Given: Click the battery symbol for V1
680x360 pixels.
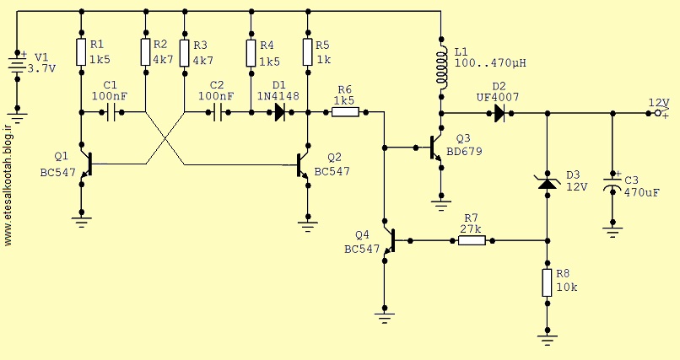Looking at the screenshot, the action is (x=18, y=66).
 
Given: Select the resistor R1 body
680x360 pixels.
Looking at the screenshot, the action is (x=81, y=52).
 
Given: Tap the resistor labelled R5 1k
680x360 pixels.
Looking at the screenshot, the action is (x=307, y=52).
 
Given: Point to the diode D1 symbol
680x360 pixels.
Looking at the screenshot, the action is (x=280, y=113).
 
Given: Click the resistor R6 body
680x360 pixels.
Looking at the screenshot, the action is (x=345, y=113).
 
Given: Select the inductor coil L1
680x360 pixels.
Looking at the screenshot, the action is (x=441, y=65).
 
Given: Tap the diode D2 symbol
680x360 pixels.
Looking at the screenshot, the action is (x=499, y=114).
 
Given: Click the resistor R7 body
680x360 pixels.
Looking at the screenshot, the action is (x=472, y=240).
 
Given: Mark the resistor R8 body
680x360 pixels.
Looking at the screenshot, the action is (x=548, y=282).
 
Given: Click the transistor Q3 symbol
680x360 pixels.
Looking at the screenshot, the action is (x=436, y=148).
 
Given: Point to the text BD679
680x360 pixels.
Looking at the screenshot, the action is (x=465, y=152).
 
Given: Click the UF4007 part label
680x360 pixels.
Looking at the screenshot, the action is (x=498, y=98).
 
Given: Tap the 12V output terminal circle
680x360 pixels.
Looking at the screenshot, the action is (x=657, y=114).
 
